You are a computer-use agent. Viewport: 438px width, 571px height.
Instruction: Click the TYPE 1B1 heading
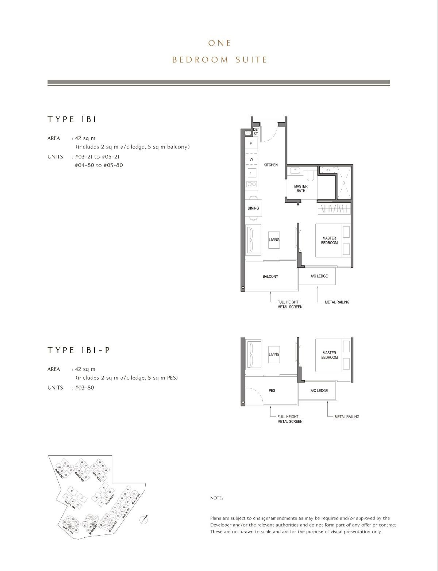[x=72, y=119]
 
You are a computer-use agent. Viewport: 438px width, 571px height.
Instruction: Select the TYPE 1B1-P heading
[x=78, y=350]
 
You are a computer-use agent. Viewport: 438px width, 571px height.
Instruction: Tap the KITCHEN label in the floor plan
[x=270, y=165]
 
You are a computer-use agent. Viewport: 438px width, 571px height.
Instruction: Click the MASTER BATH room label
[x=301, y=188]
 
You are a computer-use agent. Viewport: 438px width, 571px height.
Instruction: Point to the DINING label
[x=253, y=208]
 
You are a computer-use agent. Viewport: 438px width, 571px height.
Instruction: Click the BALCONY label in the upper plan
[x=270, y=276]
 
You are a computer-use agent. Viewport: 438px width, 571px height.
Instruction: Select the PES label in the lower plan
[x=272, y=390]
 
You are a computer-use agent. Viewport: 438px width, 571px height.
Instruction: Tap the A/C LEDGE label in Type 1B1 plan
[x=319, y=276]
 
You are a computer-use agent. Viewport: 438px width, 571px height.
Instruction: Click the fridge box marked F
[x=251, y=144]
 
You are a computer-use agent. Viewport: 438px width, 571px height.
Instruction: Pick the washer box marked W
[x=251, y=159]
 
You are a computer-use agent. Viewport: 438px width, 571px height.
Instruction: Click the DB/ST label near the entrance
[x=255, y=132]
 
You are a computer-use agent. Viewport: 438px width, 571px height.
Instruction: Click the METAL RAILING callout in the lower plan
[x=346, y=417]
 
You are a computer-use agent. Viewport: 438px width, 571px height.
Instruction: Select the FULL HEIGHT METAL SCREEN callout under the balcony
[x=290, y=304]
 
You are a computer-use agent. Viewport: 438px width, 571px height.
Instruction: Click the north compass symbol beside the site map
[x=144, y=520]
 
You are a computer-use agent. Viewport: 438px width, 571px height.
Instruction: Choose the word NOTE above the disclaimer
[x=216, y=498]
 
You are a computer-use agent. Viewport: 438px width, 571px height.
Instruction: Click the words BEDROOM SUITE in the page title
[x=219, y=60]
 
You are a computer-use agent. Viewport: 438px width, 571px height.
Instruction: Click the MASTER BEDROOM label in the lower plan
[x=329, y=355]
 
